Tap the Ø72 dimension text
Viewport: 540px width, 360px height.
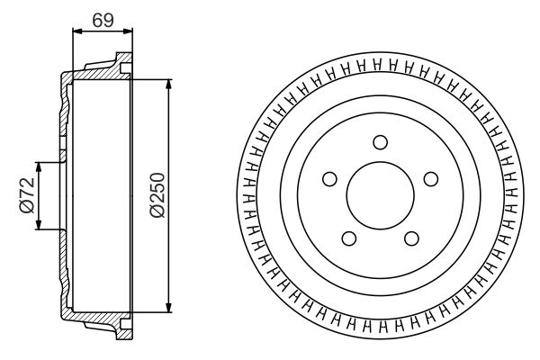point(26,195)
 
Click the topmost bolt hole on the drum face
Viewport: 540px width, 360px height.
point(380,141)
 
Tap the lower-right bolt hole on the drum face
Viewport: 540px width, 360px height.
point(411,238)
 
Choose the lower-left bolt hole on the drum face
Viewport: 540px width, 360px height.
point(348,238)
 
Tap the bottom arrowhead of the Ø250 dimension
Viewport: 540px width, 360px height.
point(169,308)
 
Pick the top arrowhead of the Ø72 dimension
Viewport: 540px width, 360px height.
point(39,167)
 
